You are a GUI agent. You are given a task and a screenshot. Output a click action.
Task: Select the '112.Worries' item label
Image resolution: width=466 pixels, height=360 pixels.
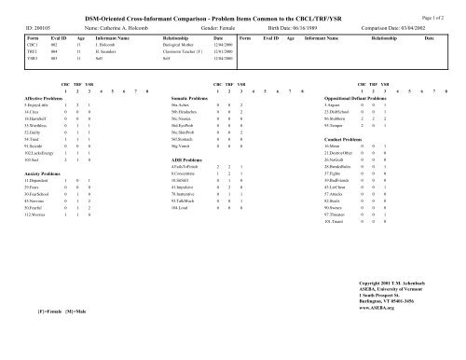pos(34,214)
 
